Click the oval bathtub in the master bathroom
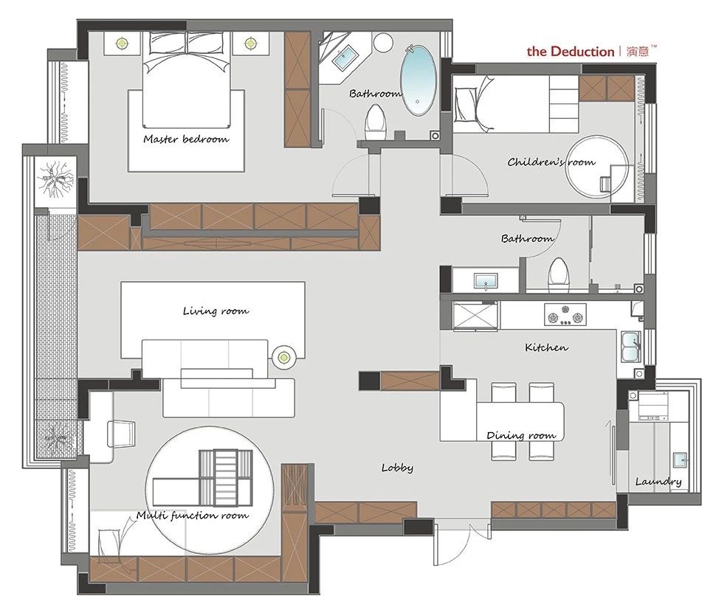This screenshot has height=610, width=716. point(419,80)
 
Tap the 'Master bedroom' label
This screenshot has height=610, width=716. point(186,139)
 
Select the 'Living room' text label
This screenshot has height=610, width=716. point(216,311)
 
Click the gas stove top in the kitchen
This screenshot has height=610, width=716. point(565,314)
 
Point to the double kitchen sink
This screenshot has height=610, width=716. point(630,347)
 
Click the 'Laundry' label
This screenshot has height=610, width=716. point(658,482)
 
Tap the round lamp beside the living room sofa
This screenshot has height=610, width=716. point(284,357)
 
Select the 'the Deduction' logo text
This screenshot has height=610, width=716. point(571,51)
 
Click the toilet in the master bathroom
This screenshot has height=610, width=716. point(376,122)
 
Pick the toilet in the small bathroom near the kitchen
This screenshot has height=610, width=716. point(559,276)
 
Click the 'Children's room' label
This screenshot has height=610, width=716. point(551,162)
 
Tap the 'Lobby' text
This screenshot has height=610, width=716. point(397,468)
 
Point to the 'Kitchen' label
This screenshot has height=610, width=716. point(546,347)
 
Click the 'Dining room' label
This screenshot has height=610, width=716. point(521,435)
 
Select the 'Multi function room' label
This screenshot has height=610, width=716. point(193,516)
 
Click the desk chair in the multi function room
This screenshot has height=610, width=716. point(122,434)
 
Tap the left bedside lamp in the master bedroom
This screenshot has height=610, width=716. point(122,44)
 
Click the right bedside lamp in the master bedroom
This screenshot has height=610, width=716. point(249,44)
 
